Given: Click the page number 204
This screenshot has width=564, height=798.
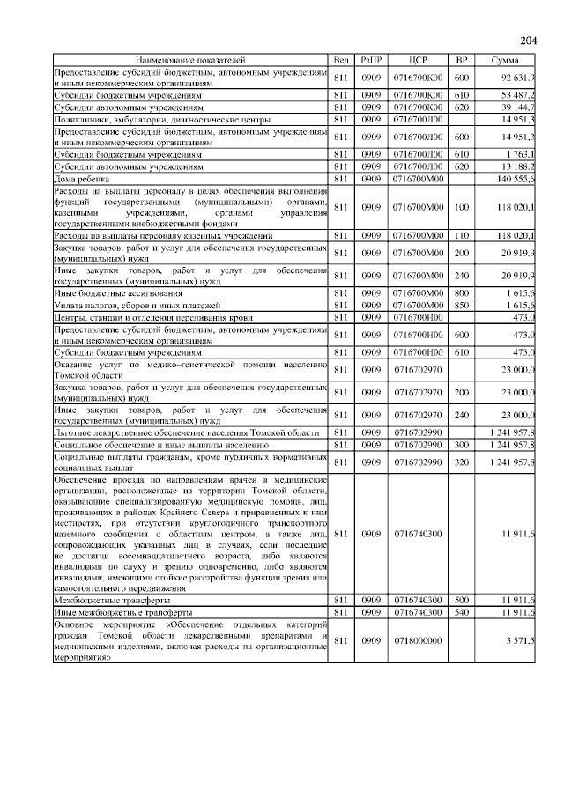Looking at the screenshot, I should point(528,41).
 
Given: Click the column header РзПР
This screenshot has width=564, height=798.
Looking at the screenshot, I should point(369,59).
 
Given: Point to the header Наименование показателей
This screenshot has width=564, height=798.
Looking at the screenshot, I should point(191,59).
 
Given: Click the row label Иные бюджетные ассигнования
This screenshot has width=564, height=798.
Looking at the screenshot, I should point(118,292).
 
